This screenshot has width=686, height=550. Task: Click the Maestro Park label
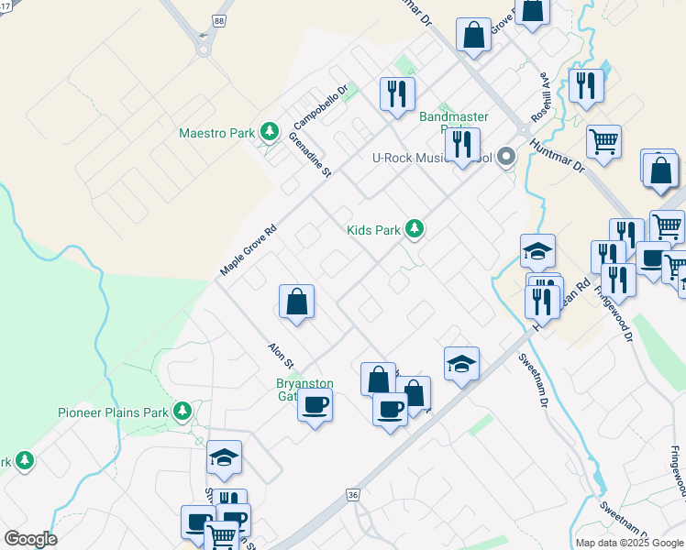pos(216,133)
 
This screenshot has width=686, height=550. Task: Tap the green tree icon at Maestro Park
pos(269,133)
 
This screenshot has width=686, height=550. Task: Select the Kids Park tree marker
pos(415,229)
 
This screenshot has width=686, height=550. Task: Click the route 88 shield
pos(217,19)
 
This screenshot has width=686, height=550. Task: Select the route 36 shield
pos(353,494)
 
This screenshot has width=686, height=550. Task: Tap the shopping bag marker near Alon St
pos(296,302)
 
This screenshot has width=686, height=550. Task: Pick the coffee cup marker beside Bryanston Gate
pos(315,405)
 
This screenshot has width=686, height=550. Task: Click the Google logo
pos(30,539)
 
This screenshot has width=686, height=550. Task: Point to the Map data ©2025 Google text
pos(628,543)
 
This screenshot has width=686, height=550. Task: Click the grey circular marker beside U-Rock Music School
pos(506,159)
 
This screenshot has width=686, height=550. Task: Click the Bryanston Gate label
pos(304,390)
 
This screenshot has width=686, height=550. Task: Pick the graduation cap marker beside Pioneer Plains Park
pos(224,457)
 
